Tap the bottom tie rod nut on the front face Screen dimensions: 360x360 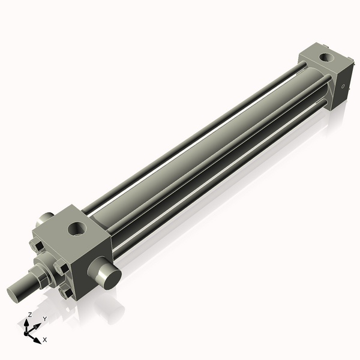point(66,292)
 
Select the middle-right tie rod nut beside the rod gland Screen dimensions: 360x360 point(61,266)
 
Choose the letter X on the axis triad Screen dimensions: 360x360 point(44,340)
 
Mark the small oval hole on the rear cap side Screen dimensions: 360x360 point(343,86)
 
